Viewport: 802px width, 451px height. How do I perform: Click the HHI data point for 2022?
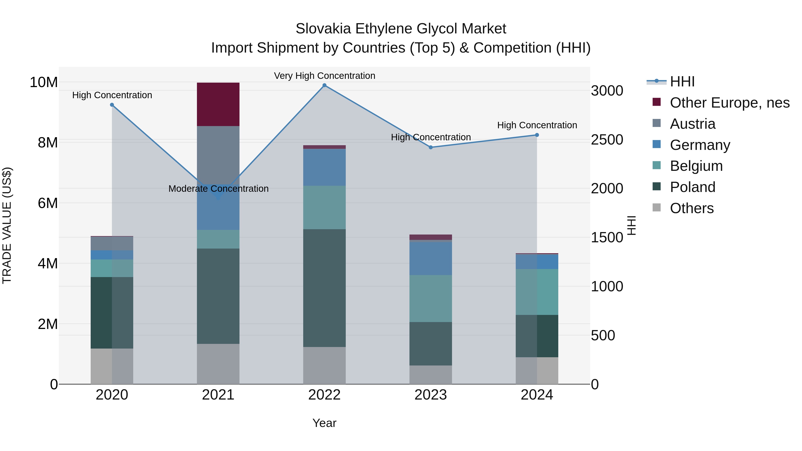coord(324,85)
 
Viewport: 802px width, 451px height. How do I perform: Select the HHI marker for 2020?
coord(112,105)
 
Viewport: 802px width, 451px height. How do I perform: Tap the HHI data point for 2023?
coord(431,147)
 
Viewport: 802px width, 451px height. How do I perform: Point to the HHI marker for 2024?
coord(537,135)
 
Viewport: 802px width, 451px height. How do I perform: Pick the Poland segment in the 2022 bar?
coord(324,288)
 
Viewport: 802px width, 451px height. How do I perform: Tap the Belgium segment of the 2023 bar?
coord(431,298)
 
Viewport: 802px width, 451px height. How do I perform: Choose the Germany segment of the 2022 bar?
coord(324,167)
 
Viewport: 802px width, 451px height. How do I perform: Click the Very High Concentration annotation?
coord(324,76)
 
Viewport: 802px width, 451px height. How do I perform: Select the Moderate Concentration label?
coord(218,189)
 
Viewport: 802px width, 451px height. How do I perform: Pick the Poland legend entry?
coord(692,187)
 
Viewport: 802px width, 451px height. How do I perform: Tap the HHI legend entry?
coord(682,82)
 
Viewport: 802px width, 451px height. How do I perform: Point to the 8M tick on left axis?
coord(48,143)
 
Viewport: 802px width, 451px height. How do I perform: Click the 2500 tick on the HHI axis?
coord(607,140)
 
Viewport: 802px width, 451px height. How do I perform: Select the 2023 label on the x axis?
coord(431,395)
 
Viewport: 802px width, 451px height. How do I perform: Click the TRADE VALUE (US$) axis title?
coord(7,225)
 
